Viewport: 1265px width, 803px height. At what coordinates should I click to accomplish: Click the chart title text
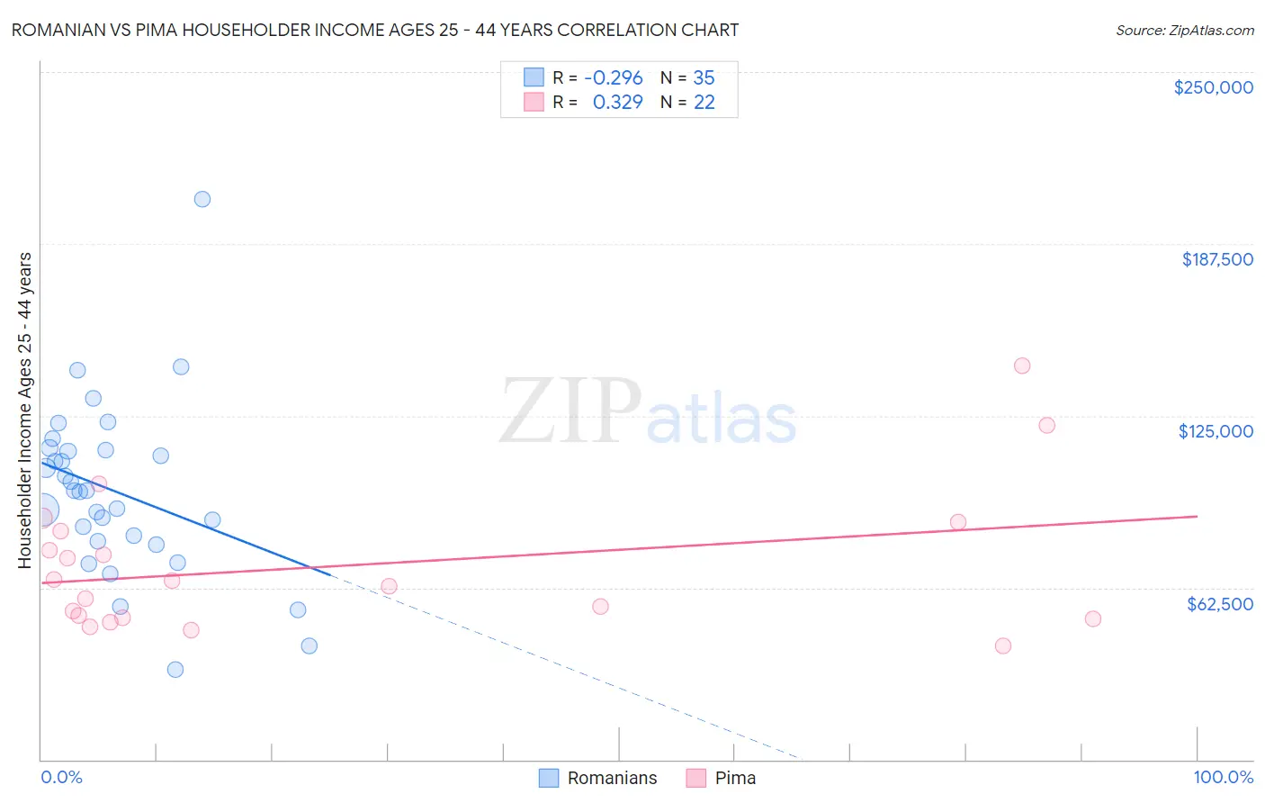tap(375, 30)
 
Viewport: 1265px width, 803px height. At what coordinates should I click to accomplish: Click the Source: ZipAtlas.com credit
tap(1184, 31)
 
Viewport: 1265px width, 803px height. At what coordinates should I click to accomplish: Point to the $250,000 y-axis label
tap(1213, 87)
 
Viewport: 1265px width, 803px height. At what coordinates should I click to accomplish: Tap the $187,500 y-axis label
tap(1217, 259)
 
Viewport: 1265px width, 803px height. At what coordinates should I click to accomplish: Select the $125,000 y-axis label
tap(1216, 431)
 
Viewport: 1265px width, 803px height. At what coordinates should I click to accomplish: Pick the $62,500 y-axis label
tap(1219, 604)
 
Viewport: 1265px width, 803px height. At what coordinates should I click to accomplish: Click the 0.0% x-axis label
tap(62, 778)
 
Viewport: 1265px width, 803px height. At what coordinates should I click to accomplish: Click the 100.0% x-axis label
tap(1223, 778)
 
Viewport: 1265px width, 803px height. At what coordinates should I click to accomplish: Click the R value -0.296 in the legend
tap(614, 78)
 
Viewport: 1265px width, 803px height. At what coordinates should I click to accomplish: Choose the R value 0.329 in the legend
tap(617, 103)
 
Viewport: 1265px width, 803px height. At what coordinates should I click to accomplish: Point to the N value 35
tap(704, 78)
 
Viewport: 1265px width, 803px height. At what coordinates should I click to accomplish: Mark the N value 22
tap(704, 103)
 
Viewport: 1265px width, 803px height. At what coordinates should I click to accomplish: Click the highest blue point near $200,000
tap(202, 199)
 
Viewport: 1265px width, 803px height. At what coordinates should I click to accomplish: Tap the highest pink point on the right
tap(1022, 365)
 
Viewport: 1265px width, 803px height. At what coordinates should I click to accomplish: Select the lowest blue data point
tap(175, 670)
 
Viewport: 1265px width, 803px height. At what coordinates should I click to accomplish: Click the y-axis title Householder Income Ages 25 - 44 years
tap(25, 410)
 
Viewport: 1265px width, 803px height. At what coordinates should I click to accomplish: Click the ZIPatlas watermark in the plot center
tap(648, 411)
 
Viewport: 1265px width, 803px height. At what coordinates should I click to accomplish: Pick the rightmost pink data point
tap(1093, 618)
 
